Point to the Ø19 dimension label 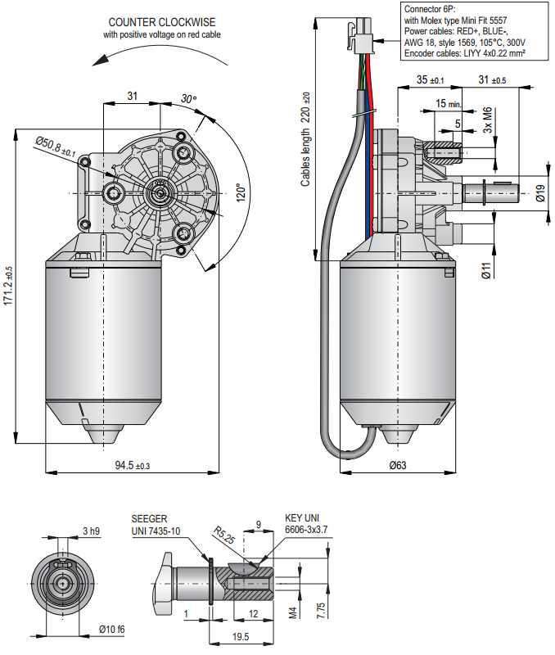540,193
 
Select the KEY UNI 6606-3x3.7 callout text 306,524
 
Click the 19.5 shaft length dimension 241,636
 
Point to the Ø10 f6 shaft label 111,629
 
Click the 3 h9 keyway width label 91,531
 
